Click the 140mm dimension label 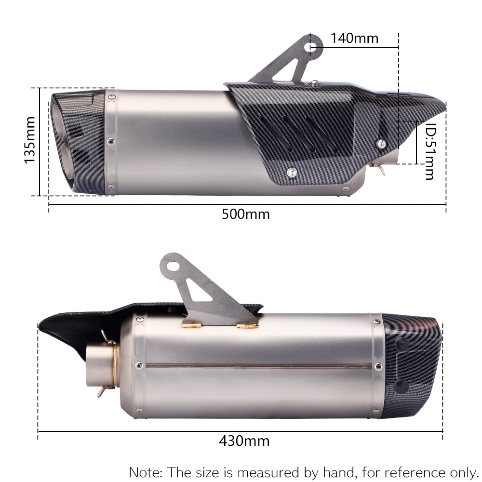355,38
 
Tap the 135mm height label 30,140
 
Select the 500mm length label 246,214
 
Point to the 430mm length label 244,441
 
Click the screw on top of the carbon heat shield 314,83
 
